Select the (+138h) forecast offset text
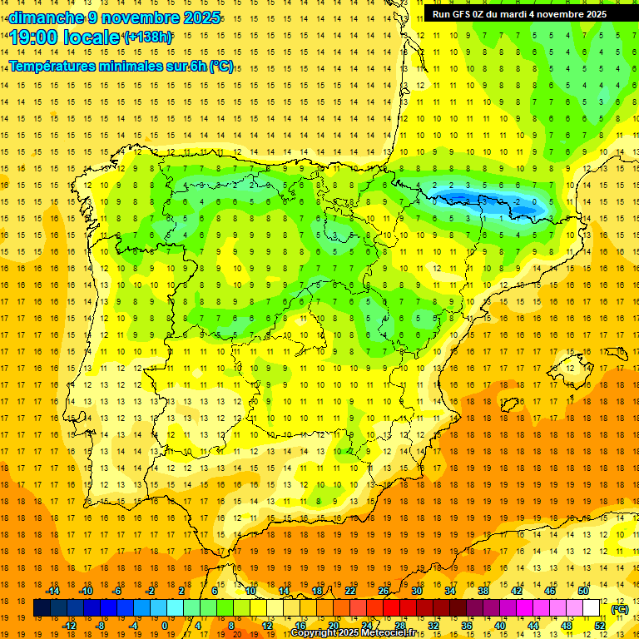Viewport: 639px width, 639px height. tap(148, 37)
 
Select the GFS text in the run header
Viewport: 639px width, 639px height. tap(464, 14)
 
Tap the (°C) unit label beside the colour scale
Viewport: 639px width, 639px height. tap(619, 609)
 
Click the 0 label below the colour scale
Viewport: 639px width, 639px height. tap(165, 626)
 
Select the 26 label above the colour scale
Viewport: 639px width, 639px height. tap(384, 591)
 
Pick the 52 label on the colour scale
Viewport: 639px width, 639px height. tap(600, 626)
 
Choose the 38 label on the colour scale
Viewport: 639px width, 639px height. tap(483, 591)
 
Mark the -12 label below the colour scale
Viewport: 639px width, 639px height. tap(69, 626)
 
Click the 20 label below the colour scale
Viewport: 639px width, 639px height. tap(333, 626)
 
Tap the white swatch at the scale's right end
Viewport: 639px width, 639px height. tap(592, 608)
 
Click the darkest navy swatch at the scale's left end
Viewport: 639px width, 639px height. tap(42, 608)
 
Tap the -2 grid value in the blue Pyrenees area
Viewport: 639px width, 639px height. tap(517, 202)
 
